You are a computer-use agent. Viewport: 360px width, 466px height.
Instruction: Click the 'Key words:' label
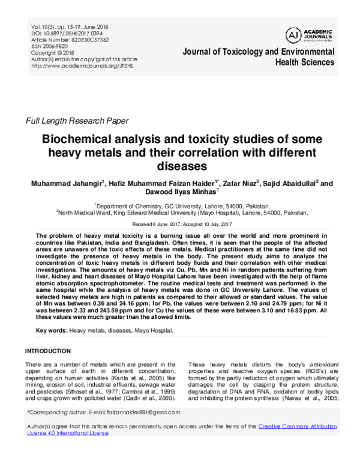pyautogui.click(x=52, y=331)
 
